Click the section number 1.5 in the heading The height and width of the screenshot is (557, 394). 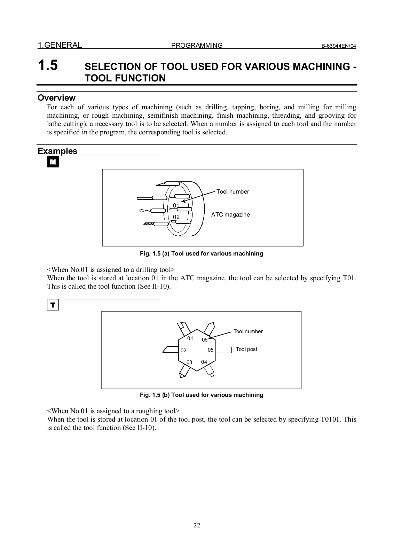click(48, 66)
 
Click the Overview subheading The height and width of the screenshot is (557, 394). click(56, 98)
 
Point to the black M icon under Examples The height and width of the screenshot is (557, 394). click(53, 162)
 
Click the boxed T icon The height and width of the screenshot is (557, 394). click(53, 305)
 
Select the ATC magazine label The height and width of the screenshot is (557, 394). click(230, 214)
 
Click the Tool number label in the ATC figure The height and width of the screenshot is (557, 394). click(233, 191)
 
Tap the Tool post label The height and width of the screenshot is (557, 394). click(246, 349)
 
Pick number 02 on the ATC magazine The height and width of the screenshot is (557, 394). click(176, 217)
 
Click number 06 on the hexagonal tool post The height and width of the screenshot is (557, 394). click(205, 340)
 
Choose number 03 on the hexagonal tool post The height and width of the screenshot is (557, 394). click(189, 362)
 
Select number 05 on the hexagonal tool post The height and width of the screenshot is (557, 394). click(211, 350)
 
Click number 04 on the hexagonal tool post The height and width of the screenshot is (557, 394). click(204, 362)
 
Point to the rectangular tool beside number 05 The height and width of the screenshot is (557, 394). click(223, 350)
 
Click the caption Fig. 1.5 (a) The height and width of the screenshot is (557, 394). click(201, 253)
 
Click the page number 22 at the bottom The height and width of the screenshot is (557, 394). click(197, 526)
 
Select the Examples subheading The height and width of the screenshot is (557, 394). click(57, 151)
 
